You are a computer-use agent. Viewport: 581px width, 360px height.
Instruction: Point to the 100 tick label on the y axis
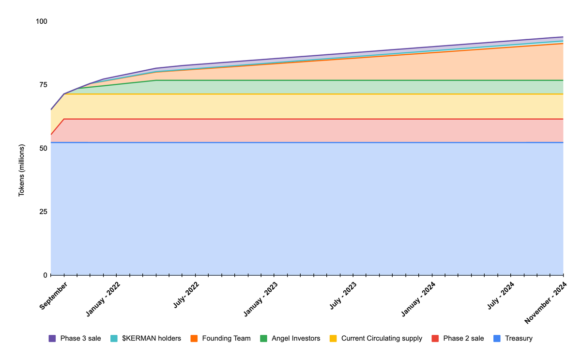point(42,22)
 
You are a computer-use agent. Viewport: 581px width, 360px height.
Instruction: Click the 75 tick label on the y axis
point(43,85)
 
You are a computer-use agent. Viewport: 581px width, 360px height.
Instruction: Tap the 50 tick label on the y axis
point(43,148)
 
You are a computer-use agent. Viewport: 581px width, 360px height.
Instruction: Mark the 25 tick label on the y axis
point(43,212)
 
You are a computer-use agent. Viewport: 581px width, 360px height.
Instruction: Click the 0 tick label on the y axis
point(45,275)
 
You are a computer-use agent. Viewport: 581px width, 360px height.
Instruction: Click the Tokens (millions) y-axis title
point(21,170)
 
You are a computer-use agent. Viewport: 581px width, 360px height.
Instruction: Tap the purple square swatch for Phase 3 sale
point(52,338)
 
